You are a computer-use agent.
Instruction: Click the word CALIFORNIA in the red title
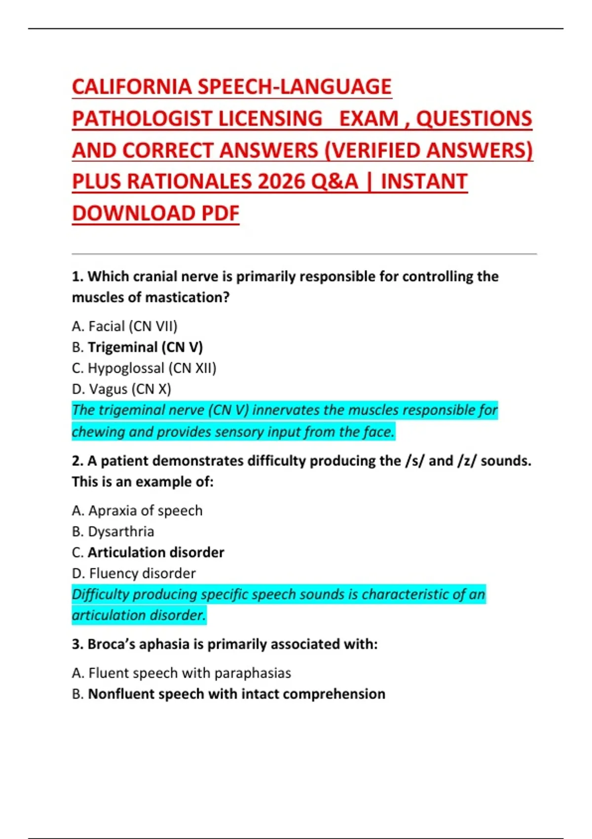[x=132, y=87]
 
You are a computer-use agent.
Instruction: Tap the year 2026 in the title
[x=282, y=182]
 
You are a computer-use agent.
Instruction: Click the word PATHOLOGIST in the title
[x=142, y=118]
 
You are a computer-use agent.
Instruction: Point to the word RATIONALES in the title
[x=189, y=182]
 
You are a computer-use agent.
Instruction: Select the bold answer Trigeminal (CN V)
[x=145, y=347]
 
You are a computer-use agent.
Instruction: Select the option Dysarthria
[x=121, y=532]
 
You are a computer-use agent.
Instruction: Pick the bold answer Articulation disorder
[x=156, y=552]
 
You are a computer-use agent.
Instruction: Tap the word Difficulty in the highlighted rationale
[x=101, y=594]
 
